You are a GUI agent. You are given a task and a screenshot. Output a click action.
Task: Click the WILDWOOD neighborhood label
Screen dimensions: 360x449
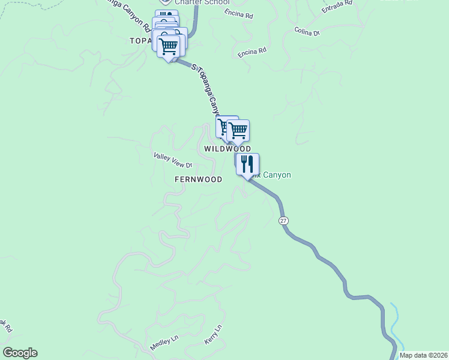click(227, 148)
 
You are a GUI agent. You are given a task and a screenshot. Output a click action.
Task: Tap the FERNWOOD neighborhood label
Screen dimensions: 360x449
click(198, 179)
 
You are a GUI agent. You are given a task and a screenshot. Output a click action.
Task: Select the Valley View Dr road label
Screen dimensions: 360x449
click(172, 160)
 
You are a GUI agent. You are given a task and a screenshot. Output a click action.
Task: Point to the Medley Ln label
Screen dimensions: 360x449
click(164, 343)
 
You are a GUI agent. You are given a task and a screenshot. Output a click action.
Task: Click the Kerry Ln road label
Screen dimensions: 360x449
click(213, 334)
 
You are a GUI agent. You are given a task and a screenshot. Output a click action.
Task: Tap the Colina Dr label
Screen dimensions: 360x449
click(307, 31)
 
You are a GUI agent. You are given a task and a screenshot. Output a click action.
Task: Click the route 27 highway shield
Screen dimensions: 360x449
click(283, 221)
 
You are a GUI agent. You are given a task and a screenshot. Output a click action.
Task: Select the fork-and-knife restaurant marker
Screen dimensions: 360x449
click(247, 163)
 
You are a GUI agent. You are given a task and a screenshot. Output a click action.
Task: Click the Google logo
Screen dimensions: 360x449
click(20, 353)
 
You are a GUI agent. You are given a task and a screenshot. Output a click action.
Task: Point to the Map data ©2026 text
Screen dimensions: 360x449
click(423, 355)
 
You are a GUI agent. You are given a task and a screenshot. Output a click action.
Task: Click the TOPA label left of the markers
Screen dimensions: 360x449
click(141, 41)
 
